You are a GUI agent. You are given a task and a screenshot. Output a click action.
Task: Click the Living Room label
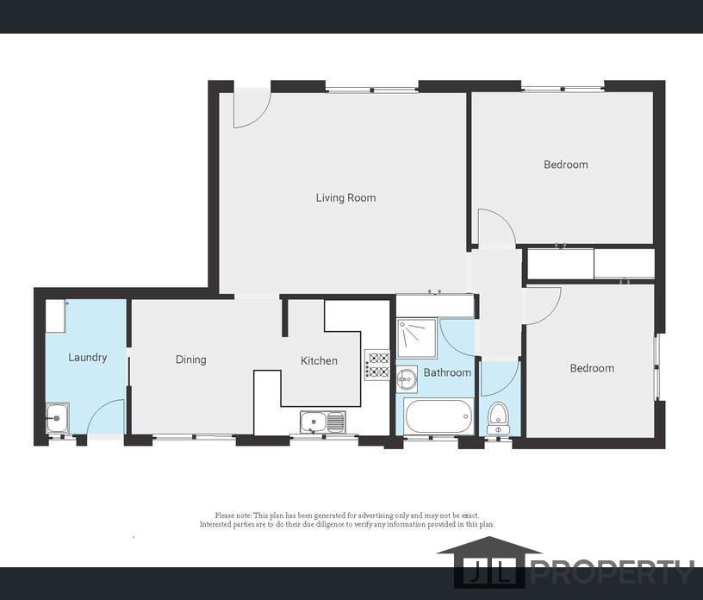(345, 198)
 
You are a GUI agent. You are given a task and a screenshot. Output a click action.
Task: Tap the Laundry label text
(87, 358)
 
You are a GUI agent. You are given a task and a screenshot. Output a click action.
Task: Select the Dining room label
(191, 359)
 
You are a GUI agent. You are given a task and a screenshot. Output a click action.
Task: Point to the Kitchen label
(319, 361)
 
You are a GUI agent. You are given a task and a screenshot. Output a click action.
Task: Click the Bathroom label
(447, 372)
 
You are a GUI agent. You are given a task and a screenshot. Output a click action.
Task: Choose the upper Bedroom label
(566, 165)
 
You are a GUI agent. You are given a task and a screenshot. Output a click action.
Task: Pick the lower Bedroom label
(592, 368)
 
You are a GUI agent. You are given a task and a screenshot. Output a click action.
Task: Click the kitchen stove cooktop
(377, 365)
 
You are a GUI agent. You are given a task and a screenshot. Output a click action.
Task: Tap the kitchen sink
(323, 422)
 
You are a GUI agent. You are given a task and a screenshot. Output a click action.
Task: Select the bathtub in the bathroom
(439, 416)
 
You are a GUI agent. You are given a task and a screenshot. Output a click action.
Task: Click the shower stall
(416, 339)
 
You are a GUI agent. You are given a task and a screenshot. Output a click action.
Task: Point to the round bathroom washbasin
(407, 379)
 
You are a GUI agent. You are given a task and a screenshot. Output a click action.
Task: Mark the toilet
(498, 418)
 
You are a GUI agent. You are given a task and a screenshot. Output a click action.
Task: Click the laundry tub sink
(58, 418)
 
